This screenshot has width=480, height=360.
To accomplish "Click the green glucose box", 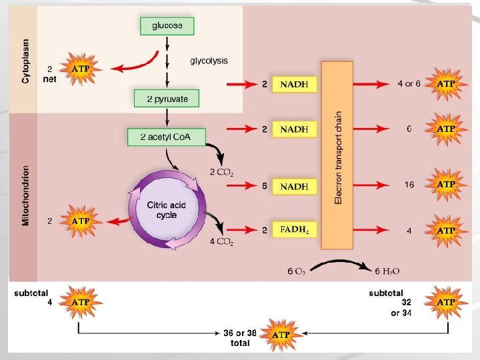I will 167,26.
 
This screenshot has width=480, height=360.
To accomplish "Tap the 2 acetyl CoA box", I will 167,137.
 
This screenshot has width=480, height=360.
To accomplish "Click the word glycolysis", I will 209,61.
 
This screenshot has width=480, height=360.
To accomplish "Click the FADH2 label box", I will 294,229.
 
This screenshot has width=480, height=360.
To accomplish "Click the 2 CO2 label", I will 221,173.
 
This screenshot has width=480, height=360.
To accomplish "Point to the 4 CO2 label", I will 221,242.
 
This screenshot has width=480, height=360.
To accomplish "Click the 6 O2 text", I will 296,271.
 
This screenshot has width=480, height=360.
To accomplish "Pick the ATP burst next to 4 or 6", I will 446,84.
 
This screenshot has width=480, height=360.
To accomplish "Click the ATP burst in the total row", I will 280,334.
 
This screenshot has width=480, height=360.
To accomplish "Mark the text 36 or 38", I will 239,333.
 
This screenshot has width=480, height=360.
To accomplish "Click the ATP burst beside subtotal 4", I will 80,302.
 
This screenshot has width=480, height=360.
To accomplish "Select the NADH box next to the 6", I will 294,187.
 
